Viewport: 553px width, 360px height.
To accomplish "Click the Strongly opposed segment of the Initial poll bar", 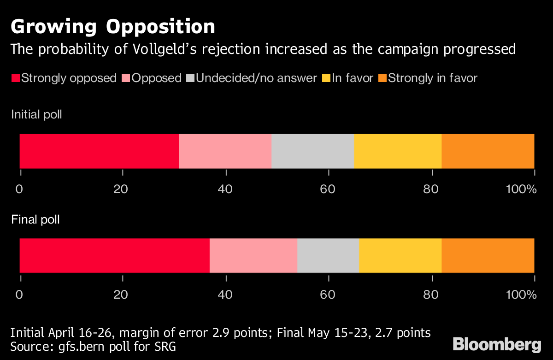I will point(99,151).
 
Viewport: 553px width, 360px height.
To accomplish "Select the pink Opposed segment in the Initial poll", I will point(225,151).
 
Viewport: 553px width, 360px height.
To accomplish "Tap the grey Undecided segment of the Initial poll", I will point(312,151).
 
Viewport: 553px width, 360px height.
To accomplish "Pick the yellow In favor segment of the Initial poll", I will point(398,151).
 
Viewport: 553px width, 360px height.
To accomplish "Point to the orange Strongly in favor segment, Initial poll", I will point(488,151).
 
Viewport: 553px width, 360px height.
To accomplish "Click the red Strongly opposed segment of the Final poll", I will point(114,255).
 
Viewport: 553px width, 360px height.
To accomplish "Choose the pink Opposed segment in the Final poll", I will point(253,255).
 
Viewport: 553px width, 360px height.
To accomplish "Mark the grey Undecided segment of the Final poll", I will point(328,255).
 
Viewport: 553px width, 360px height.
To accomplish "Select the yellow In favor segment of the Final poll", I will point(400,255).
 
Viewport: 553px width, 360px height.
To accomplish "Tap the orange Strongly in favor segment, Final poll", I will point(488,255).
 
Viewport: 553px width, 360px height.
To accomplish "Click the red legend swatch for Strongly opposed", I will point(15,78).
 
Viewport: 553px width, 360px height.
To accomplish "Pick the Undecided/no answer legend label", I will point(256,78).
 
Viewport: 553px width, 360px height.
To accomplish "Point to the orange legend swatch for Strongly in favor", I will point(382,78).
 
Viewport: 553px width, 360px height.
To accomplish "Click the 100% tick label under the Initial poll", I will point(522,190).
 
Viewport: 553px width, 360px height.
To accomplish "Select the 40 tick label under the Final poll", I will point(225,295).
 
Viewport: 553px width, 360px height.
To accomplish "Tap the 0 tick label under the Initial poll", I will point(19,190).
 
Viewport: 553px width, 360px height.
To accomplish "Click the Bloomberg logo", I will point(497,344).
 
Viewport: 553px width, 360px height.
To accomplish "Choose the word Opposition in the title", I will point(161,27).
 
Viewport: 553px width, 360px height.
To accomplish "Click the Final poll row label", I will point(35,219).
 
